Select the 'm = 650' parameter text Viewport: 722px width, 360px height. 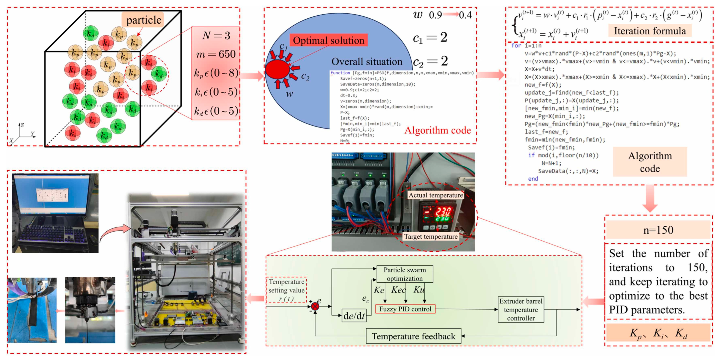(216, 54)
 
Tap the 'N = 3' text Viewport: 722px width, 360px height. (216, 36)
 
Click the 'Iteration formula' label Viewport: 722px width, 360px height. (650, 31)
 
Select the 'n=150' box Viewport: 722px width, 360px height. (658, 230)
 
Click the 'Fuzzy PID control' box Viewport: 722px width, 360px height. (405, 309)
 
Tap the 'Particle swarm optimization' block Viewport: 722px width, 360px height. (404, 274)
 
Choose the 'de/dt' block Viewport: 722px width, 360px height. (354, 316)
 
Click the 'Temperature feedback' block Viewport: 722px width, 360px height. (413, 336)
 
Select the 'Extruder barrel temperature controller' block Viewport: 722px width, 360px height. (521, 310)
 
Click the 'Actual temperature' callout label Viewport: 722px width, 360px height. (435, 195)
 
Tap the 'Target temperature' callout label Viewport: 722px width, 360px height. (431, 236)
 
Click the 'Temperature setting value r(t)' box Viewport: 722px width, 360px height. (286, 290)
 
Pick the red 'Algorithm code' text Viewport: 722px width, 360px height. (438, 130)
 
